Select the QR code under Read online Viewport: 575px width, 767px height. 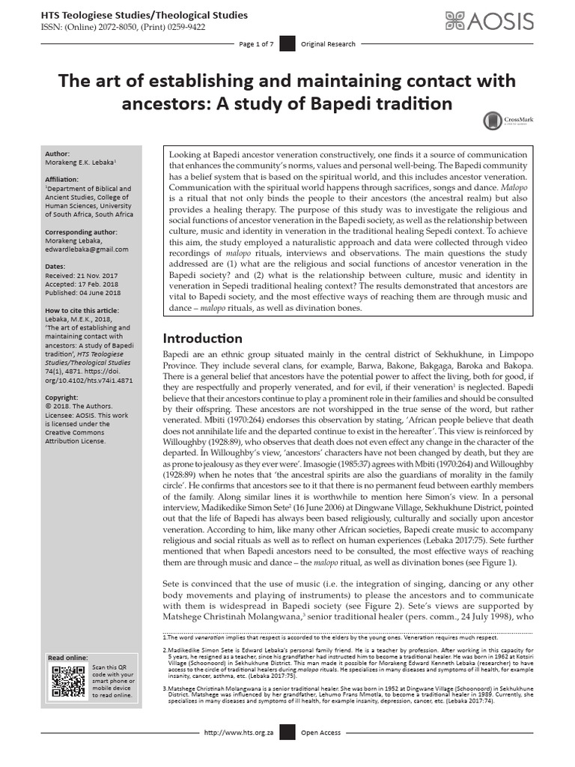67,681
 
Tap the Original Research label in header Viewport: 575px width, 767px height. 328,44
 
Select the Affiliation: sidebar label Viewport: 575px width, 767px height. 64,179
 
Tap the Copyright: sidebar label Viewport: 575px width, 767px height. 62,396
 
